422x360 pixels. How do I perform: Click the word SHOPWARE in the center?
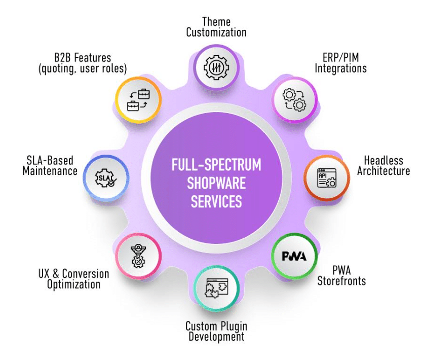pyautogui.click(x=216, y=184)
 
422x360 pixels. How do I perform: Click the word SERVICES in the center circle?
pyautogui.click(x=216, y=201)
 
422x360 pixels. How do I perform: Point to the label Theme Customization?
pyautogui.click(x=216, y=27)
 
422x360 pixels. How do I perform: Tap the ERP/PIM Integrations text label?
pyautogui.click(x=340, y=63)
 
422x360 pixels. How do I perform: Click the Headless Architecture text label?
pyautogui.click(x=383, y=165)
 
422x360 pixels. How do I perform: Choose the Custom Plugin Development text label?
pyautogui.click(x=216, y=331)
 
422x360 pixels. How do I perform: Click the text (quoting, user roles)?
pyautogui.click(x=83, y=68)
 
